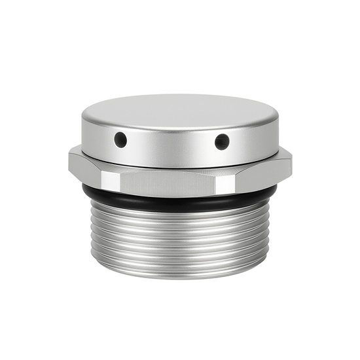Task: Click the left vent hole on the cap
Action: point(120,139)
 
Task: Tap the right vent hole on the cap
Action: point(222,140)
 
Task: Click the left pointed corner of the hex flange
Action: point(69,156)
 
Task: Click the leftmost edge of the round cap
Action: point(82,131)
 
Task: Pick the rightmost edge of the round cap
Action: point(278,131)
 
